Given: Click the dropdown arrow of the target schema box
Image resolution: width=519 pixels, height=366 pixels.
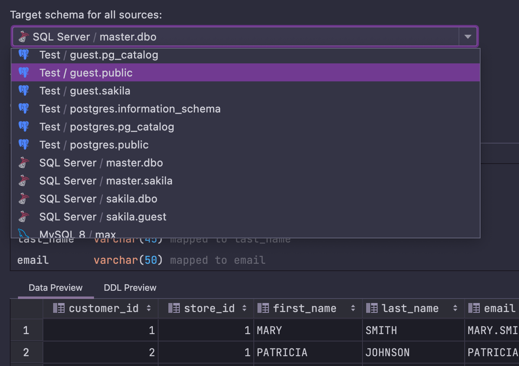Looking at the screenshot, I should pos(468,37).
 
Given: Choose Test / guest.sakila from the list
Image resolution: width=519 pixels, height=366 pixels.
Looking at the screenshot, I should pos(85,91).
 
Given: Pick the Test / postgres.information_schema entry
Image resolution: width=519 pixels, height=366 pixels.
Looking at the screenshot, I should pos(130,109).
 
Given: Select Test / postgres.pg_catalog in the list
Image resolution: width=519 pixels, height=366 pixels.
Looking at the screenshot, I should pos(106,127).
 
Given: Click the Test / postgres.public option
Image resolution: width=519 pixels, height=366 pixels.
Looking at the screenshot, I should pos(94,145).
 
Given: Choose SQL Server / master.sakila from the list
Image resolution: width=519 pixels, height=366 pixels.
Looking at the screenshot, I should pos(105,181).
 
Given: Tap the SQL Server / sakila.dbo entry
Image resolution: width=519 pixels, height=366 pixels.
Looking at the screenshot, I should pos(98,199).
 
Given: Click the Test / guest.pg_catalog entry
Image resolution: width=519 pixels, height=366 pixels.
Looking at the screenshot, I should pos(98,55).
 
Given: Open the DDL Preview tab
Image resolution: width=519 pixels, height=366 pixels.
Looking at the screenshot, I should pos(130,288).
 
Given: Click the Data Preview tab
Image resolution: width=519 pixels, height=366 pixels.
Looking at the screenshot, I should pos(56,288).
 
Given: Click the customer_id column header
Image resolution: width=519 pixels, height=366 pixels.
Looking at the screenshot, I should pos(103,308).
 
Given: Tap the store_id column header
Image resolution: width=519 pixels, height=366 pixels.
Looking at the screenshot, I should pos(209,308).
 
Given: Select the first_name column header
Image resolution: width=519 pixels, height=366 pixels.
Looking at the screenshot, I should pos(304,308).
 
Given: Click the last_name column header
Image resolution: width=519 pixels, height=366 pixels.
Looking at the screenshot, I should pos(410,308).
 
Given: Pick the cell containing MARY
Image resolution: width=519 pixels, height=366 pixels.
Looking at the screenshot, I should pos(269,330).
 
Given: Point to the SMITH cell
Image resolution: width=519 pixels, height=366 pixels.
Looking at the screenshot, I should pos(381,330).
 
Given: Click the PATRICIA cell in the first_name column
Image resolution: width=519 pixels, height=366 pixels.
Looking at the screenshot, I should pos(282,353).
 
